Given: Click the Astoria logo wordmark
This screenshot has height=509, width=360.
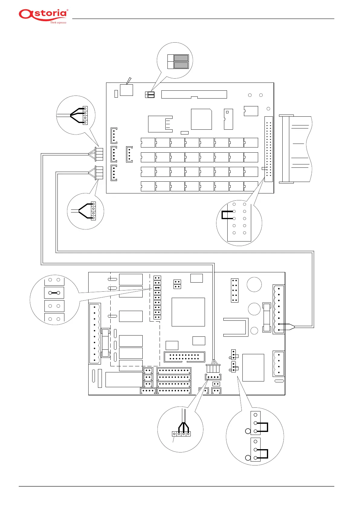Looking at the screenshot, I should [x=43, y=14].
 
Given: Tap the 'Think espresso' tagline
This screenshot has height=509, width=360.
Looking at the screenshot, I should [x=58, y=23].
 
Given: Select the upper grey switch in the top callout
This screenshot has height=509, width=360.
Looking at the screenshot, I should [x=181, y=58].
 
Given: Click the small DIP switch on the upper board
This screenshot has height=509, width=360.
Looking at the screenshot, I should [x=150, y=95].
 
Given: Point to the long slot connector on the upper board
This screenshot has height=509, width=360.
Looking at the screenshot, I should [x=194, y=94].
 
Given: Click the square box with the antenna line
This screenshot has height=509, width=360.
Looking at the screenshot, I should [x=126, y=90].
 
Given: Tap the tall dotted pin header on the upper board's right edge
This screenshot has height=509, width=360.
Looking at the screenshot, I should [x=268, y=149].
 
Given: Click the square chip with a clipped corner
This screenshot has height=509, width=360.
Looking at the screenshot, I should [x=201, y=119].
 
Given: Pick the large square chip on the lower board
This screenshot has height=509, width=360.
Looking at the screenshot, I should [x=188, y=312].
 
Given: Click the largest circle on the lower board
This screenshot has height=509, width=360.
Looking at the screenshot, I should [x=254, y=284].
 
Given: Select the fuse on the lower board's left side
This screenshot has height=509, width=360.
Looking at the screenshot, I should [x=105, y=343].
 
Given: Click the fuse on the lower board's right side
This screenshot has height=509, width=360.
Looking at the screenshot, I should [x=266, y=317].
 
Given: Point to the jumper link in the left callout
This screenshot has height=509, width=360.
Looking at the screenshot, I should [x=54, y=293].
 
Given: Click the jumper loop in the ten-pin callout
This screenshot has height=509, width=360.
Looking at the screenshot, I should [x=227, y=215].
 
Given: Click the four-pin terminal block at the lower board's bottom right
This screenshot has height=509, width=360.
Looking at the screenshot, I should [x=278, y=364].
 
